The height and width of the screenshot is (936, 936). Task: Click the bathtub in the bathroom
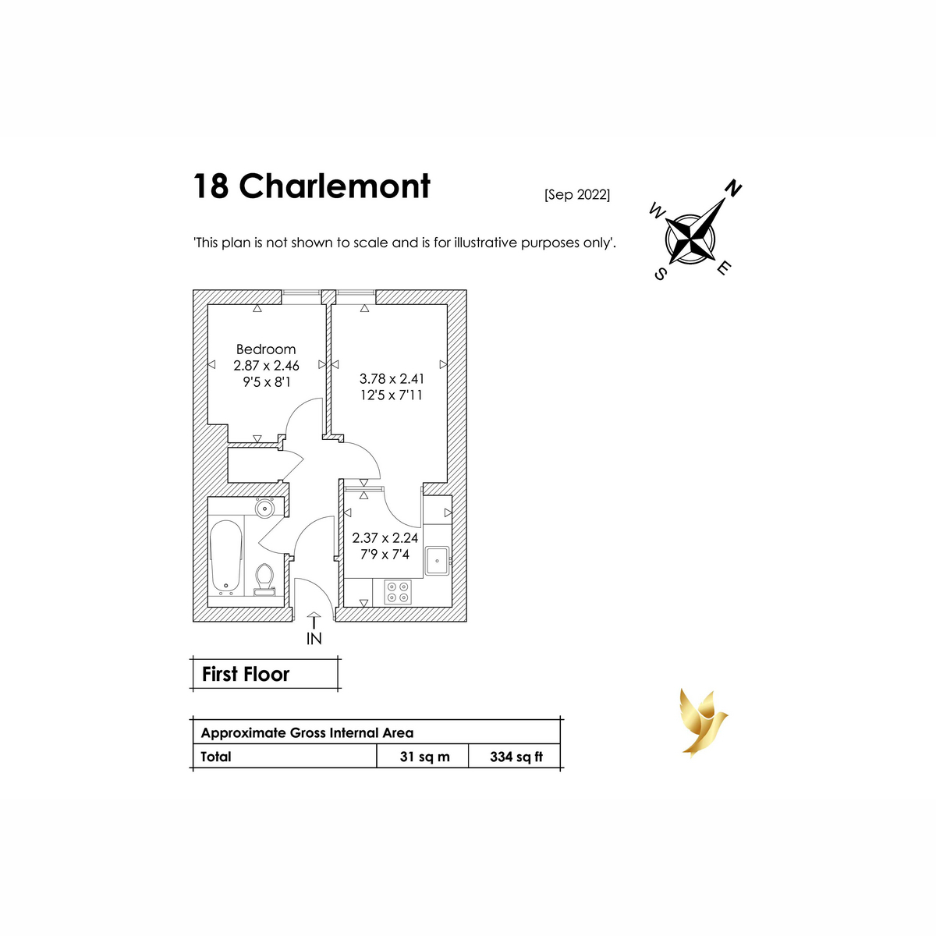pyautogui.click(x=226, y=555)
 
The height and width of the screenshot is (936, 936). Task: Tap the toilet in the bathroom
pyautogui.click(x=265, y=579)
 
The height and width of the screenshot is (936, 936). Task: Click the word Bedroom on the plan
pyautogui.click(x=266, y=349)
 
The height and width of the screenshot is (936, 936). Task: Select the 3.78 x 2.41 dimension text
pyautogui.click(x=392, y=378)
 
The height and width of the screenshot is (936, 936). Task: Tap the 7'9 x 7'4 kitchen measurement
pyautogui.click(x=385, y=555)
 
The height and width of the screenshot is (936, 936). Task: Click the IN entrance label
pyautogui.click(x=314, y=639)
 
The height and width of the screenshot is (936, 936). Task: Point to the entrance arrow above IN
pyautogui.click(x=314, y=621)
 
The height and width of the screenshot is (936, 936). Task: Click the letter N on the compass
pyautogui.click(x=733, y=188)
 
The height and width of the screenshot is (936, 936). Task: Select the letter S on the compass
pyautogui.click(x=660, y=274)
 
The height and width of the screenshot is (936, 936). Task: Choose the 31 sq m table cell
pyautogui.click(x=424, y=757)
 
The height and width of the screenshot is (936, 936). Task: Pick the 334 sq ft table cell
pyautogui.click(x=516, y=757)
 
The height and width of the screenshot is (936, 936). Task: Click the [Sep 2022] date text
pyautogui.click(x=577, y=195)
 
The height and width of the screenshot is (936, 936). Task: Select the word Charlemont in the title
pyautogui.click(x=335, y=186)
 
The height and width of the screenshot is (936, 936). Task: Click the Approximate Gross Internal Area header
pyautogui.click(x=307, y=733)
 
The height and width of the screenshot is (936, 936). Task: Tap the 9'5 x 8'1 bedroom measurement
pyautogui.click(x=266, y=382)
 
